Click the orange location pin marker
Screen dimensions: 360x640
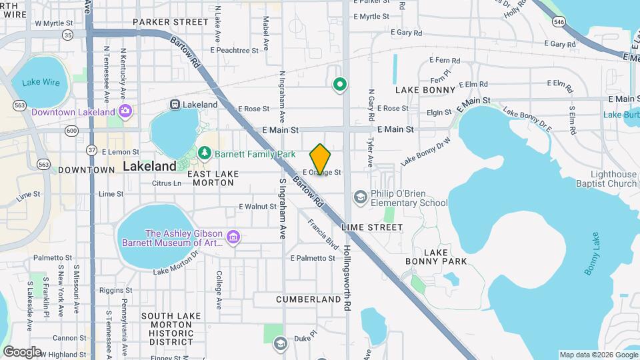321,159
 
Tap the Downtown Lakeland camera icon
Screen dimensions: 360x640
125,111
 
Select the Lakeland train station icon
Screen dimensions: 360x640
175,105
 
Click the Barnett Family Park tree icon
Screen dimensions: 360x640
204,154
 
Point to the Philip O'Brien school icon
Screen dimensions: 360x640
361,197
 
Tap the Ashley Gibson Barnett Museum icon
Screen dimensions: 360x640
233,237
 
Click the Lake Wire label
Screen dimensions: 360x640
41,83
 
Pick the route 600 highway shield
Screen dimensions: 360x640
71,131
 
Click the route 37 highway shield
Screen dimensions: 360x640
92,149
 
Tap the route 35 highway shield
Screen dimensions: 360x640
67,33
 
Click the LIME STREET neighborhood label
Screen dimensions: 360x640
372,227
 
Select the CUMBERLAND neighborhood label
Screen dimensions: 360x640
309,300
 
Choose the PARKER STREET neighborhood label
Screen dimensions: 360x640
171,22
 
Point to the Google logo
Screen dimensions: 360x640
23,351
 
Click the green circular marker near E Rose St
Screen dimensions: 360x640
340,84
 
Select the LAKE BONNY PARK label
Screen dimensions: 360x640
427,257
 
